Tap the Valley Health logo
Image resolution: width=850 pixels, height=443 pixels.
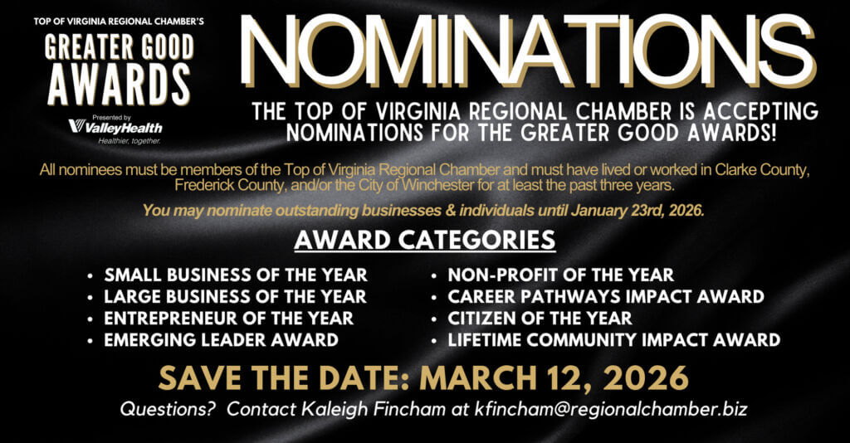tap(115, 126)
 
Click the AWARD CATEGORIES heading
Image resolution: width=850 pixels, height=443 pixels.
tap(425, 240)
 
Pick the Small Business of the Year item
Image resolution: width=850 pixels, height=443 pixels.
tap(236, 275)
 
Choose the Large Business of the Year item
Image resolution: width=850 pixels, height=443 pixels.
tap(235, 296)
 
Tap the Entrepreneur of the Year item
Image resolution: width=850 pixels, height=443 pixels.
tap(229, 318)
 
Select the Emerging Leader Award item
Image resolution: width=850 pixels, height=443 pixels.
tap(221, 339)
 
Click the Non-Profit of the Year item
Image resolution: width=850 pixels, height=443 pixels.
tap(560, 275)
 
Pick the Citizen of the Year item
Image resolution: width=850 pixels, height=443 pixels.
tap(540, 318)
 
